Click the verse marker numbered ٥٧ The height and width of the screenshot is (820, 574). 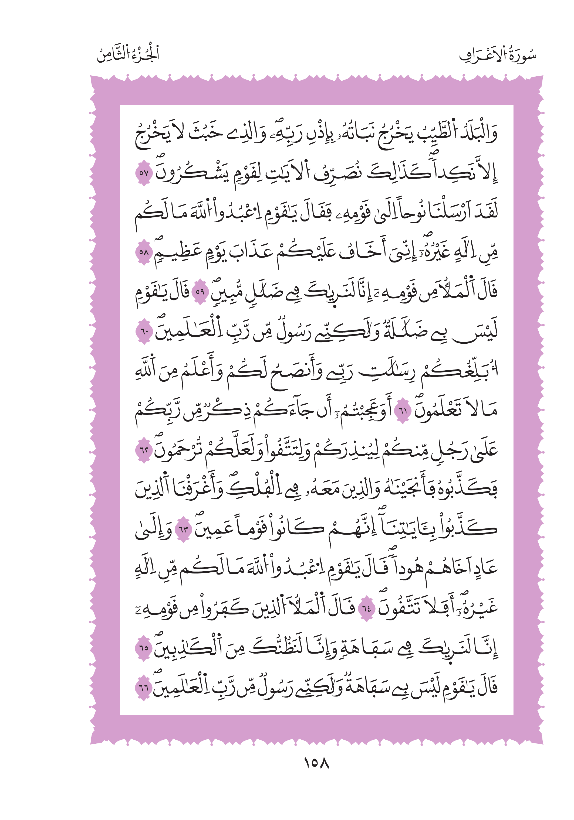coord(144,173)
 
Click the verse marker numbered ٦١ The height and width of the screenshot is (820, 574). coord(403,411)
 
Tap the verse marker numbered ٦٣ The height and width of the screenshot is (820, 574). coord(183,529)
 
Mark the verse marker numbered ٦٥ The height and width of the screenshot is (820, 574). coord(144,648)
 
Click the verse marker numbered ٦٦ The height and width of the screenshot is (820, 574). coord(144,688)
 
